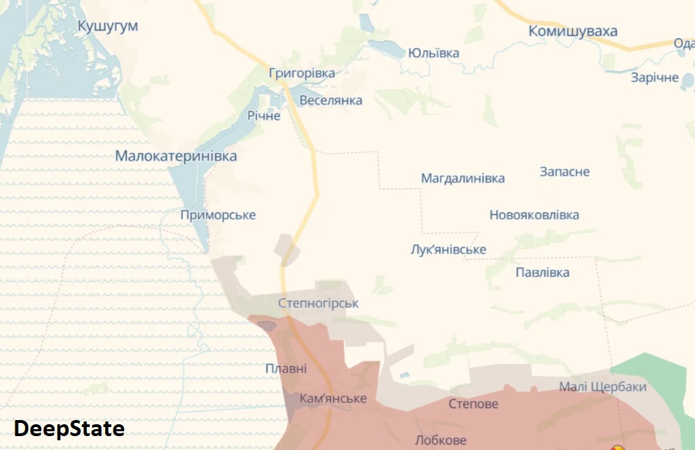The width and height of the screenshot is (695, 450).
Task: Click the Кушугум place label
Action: pyautogui.click(x=108, y=26)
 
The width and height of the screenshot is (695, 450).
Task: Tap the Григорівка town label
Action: pyautogui.click(x=302, y=73)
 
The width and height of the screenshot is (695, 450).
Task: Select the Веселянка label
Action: pyautogui.click(x=330, y=100)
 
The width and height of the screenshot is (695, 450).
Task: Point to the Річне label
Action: pyautogui.click(x=264, y=115)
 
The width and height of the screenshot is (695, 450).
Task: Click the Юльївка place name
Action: pyautogui.click(x=433, y=53)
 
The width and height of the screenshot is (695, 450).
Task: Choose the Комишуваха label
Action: pyautogui.click(x=573, y=31)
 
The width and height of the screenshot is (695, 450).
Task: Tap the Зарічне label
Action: pyautogui.click(x=655, y=77)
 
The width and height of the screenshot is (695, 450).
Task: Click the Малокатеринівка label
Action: pyautogui.click(x=176, y=156)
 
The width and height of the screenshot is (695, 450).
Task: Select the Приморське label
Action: pyautogui.click(x=218, y=215)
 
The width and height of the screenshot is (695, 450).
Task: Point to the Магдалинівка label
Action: pyautogui.click(x=463, y=178)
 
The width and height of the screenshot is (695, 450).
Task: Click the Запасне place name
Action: pyautogui.click(x=565, y=172)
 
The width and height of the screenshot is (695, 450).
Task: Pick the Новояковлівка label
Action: pyautogui.click(x=534, y=215)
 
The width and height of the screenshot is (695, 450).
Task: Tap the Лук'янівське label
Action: pyautogui.click(x=449, y=250)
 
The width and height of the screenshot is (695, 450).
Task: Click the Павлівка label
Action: pyautogui.click(x=543, y=272)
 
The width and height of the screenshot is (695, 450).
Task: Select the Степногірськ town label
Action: pyautogui.click(x=319, y=303)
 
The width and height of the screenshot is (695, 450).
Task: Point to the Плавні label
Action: pyautogui.click(x=285, y=369)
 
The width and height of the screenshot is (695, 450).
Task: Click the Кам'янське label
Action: pyautogui.click(x=333, y=399)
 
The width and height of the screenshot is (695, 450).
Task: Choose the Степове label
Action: pyautogui.click(x=473, y=403)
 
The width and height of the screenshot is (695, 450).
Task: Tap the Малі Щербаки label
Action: pyautogui.click(x=603, y=387)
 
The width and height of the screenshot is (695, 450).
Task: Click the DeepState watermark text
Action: pyautogui.click(x=69, y=428)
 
